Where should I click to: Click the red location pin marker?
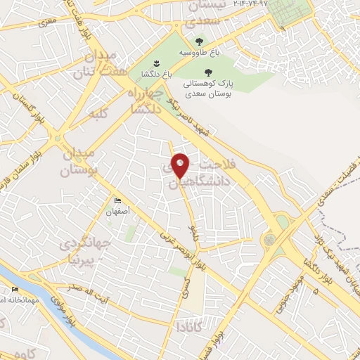[x=181, y=165]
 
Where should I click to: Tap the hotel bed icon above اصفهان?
[x=118, y=199]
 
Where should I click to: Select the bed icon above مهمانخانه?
[x=15, y=289]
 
